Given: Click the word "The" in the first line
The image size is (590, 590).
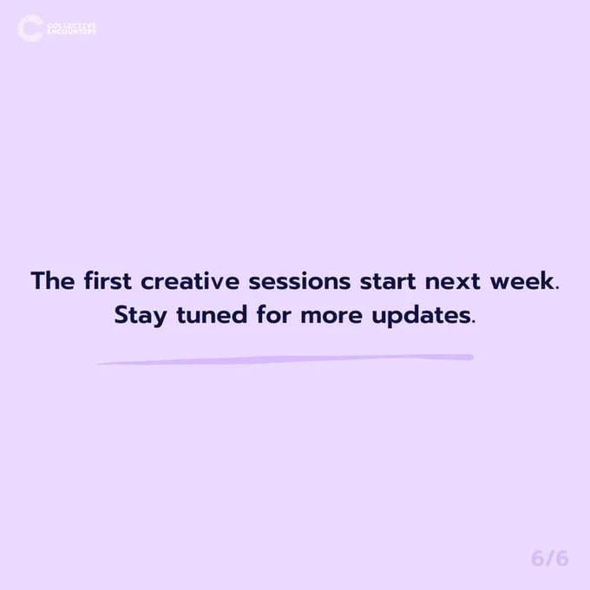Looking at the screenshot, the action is coord(53,280).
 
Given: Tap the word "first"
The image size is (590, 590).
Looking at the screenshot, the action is coord(108,280).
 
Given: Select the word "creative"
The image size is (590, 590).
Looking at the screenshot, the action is coord(190,281).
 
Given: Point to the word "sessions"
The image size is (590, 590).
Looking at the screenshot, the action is coord(299,281).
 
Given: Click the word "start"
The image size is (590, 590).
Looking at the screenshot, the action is coord(388,281).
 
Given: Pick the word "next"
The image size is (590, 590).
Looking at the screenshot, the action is coord(453,281).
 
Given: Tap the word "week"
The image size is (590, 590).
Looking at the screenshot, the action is coord(522,280).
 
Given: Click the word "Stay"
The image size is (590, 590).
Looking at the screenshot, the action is coord(141,315).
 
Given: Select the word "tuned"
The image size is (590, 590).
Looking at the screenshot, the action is coord(212,315).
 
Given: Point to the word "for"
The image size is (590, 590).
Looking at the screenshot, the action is coord(274,314).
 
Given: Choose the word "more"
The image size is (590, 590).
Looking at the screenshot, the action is coord(331,316).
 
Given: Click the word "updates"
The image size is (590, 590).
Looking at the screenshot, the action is coord(421,315).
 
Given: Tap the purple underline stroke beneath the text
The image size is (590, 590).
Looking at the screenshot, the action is coord(285,359).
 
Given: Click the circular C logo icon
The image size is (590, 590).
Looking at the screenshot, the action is coord(31,29).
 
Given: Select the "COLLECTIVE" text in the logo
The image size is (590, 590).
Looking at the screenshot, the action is coord(71,25).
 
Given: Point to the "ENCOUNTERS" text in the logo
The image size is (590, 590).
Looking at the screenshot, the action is coord(71,31).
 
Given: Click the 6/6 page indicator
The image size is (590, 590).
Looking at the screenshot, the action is coord(550,559).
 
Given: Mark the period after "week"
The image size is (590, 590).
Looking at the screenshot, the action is coord(557,288).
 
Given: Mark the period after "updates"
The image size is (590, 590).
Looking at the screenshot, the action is coord(474,322).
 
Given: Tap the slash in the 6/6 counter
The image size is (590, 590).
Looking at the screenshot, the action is coord(550,559).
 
